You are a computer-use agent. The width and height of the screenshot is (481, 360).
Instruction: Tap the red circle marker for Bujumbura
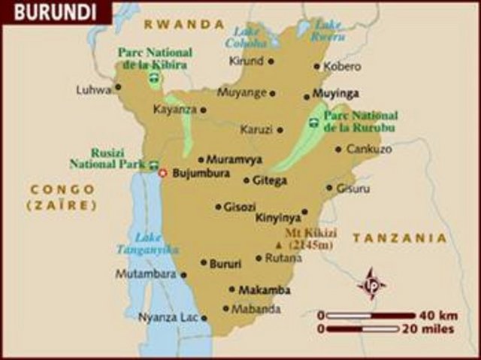(x=162, y=173)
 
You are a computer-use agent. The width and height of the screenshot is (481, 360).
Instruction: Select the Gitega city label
(x=270, y=180)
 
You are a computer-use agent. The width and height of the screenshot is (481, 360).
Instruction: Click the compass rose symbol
(x=371, y=284)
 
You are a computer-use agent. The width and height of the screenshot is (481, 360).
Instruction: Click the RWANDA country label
(x=184, y=24)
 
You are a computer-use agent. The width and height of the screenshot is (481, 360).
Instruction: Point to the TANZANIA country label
(x=400, y=237)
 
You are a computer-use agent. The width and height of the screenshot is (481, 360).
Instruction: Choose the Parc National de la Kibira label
(x=153, y=58)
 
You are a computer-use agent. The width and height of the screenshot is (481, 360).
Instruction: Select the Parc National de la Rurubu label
(x=361, y=121)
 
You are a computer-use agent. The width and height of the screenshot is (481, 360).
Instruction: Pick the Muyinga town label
(x=331, y=95)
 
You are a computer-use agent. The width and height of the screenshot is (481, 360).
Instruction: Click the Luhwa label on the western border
(x=93, y=89)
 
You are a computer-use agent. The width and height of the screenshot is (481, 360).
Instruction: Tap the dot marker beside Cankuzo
(x=339, y=150)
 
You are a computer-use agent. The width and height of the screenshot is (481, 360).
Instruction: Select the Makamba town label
(x=264, y=289)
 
